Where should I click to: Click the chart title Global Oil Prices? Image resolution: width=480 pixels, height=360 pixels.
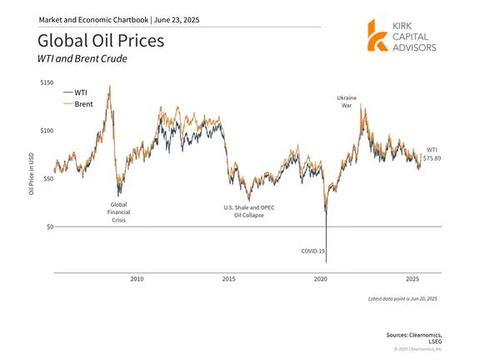pyautogui.click(x=101, y=41)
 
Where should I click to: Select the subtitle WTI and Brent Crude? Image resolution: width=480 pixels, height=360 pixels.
pyautogui.click(x=82, y=58)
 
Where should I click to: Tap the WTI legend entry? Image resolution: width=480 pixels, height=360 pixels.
pyautogui.click(x=75, y=92)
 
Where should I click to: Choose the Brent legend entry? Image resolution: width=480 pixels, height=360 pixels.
pyautogui.click(x=77, y=104)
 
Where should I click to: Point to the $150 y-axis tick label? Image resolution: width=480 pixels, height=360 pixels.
pyautogui.click(x=47, y=82)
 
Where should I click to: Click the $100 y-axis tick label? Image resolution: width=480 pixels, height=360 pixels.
pyautogui.click(x=47, y=131)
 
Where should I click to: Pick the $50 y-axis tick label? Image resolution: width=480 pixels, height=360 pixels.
pyautogui.click(x=48, y=179)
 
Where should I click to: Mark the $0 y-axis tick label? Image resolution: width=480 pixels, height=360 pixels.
pyautogui.click(x=50, y=227)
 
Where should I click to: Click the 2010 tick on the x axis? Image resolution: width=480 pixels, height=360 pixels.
pyautogui.click(x=137, y=279)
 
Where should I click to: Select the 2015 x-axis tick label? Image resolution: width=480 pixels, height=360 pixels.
pyautogui.click(x=228, y=279)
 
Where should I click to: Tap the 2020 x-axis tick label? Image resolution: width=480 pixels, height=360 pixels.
pyautogui.click(x=321, y=279)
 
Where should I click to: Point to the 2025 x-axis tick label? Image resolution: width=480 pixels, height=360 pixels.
pyautogui.click(x=412, y=279)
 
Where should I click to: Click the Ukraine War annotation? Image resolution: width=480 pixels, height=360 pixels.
pyautogui.click(x=347, y=102)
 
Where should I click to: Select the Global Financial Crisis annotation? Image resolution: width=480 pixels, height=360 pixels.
pyautogui.click(x=118, y=212)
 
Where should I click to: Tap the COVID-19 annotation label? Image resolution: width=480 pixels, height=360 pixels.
pyautogui.click(x=312, y=251)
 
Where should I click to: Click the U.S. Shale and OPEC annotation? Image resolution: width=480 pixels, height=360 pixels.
pyautogui.click(x=249, y=211)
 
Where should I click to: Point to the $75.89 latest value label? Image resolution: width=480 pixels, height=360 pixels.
pyautogui.click(x=432, y=158)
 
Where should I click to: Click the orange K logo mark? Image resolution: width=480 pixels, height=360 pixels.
pyautogui.click(x=377, y=36)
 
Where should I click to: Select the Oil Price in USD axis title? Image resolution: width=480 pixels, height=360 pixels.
pyautogui.click(x=31, y=173)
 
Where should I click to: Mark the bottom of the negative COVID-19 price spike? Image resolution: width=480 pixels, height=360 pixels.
pyautogui.click(x=327, y=262)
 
